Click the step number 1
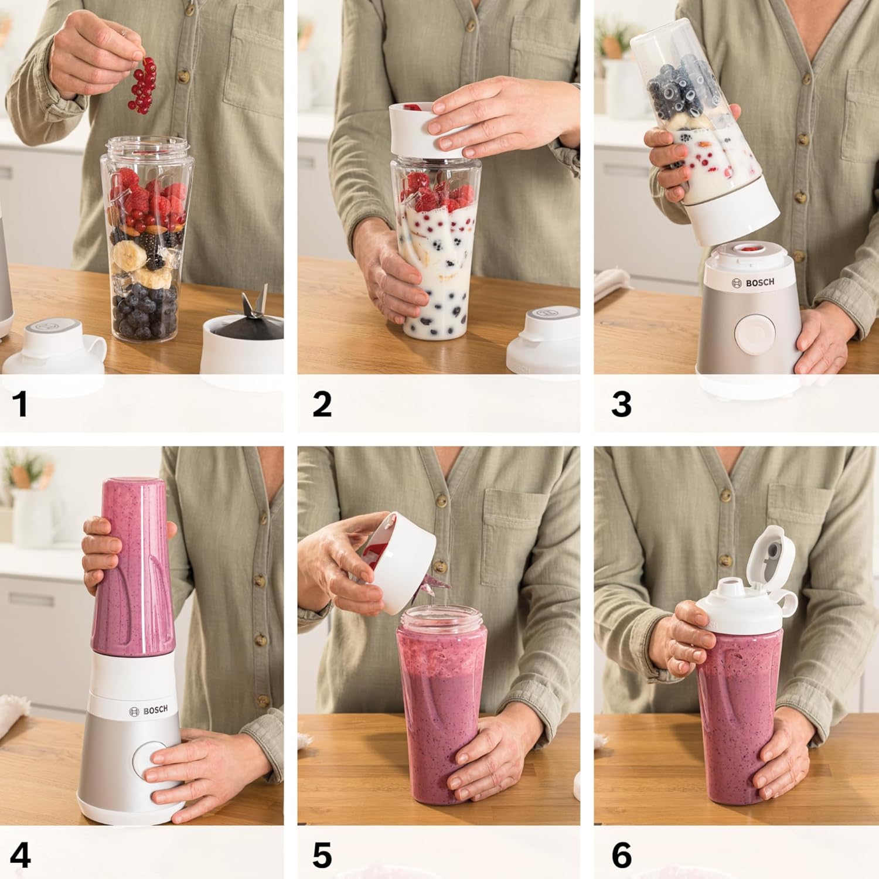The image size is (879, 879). click(21, 404)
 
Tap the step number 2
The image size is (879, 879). click(322, 404)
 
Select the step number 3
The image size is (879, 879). click(621, 404)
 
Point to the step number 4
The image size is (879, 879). click(20, 856)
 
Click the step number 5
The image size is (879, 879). click(322, 856)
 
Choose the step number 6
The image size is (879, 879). click(622, 856)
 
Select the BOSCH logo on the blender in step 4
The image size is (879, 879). click(148, 710)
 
